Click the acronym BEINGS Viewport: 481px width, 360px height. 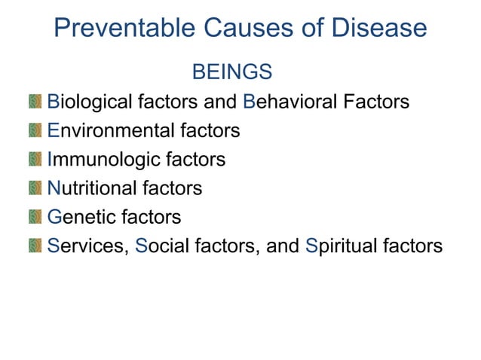click(x=232, y=72)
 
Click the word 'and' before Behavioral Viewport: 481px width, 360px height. click(x=222, y=102)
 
